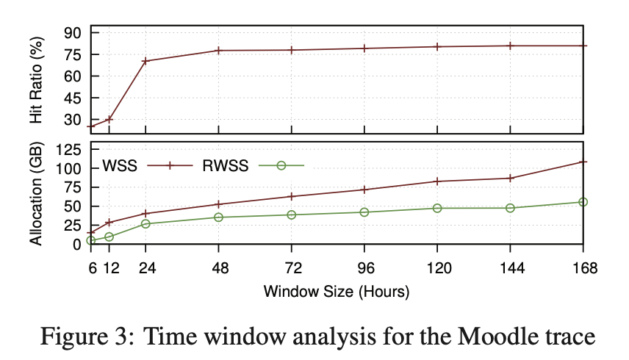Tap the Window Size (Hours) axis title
(337, 291)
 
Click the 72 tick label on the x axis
(292, 269)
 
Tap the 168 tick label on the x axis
(583, 269)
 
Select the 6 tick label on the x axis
(92, 269)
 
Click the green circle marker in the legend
(281, 165)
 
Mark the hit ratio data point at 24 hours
(145, 61)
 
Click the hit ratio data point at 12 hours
(109, 119)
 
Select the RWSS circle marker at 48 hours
(219, 217)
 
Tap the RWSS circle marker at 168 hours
(583, 202)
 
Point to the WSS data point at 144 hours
(511, 178)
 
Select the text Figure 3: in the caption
(82, 338)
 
